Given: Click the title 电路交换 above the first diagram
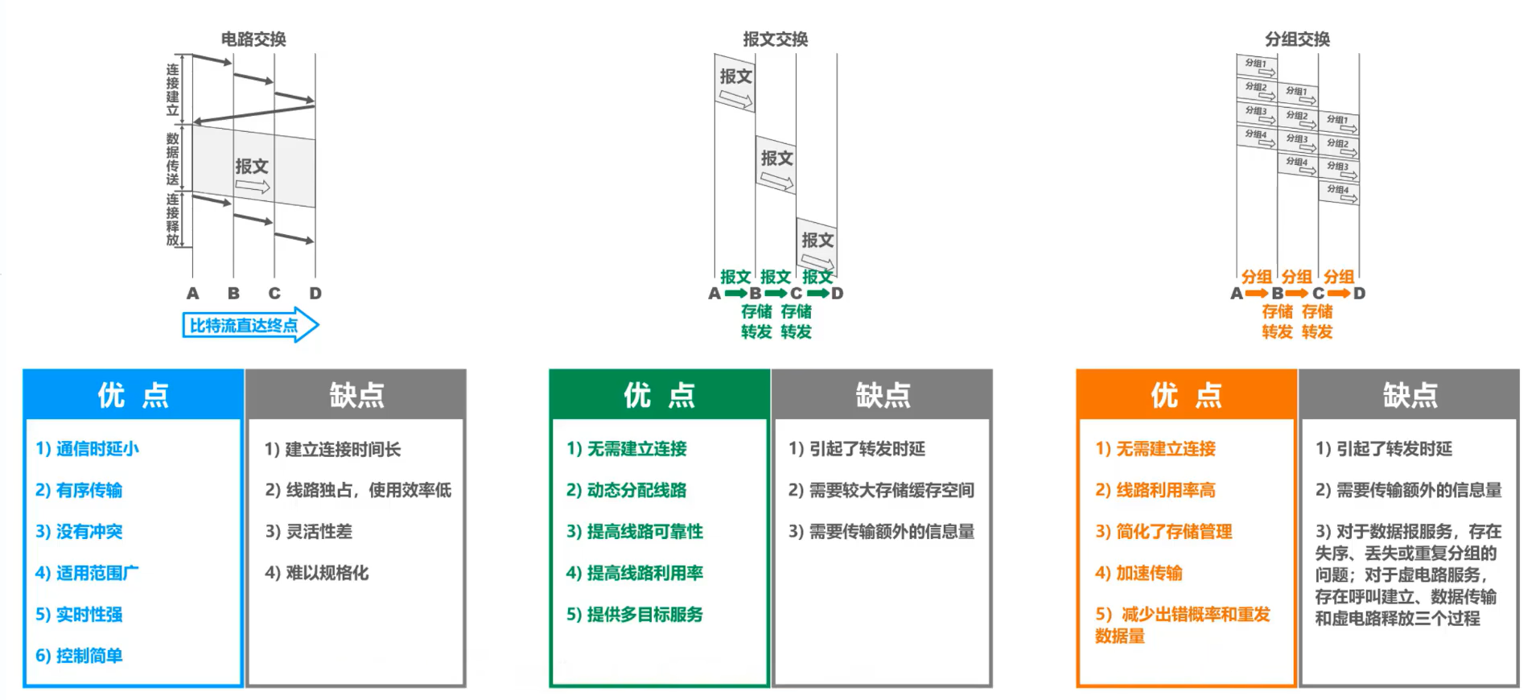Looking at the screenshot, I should pos(253,39).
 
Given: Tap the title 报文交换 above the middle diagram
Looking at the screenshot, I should pos(775,39).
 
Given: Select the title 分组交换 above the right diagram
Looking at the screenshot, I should pos(1297,39).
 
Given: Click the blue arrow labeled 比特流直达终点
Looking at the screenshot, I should pos(249,325).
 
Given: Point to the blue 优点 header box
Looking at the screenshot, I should pos(133,394).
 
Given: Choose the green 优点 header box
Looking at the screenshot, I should pos(659,394).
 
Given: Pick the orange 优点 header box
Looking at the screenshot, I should pos(1186,394).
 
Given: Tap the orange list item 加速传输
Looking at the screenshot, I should pos(1139,572).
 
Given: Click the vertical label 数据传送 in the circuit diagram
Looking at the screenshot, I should pos(172,158).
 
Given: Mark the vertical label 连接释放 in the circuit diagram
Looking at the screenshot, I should pos(172,219).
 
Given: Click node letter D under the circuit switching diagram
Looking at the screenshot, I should pos(315,294).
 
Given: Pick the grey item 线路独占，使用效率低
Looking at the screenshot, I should pos(358,489).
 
